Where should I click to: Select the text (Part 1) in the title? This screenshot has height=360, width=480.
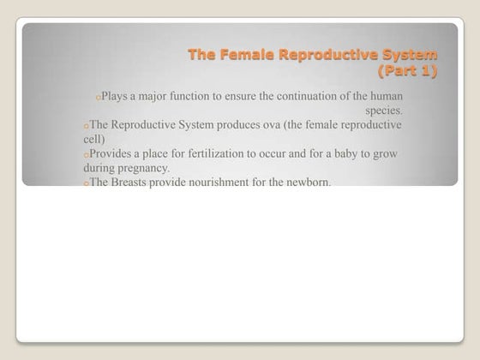(x=407, y=71)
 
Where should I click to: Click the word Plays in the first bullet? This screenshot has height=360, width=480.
(x=114, y=96)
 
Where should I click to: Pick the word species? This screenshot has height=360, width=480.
(x=384, y=111)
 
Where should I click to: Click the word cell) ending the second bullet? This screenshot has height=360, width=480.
(x=94, y=139)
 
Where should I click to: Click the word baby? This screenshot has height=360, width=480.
(x=347, y=153)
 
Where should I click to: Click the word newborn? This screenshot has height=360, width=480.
(x=306, y=183)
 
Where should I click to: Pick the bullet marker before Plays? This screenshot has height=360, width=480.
(x=99, y=98)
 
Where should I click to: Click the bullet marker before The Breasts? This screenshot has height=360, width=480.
(x=87, y=184)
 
